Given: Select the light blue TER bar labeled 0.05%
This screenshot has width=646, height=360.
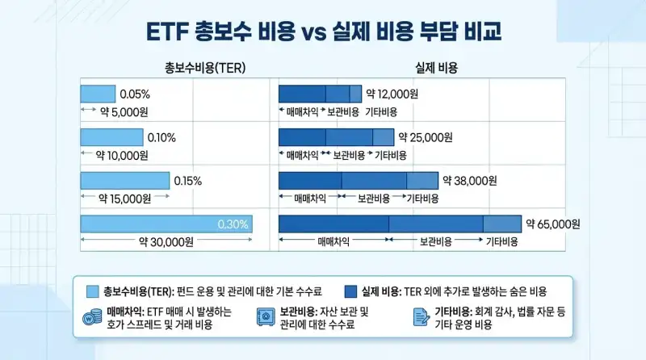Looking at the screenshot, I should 98,94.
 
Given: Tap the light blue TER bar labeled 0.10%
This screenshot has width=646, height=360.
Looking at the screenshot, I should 111,137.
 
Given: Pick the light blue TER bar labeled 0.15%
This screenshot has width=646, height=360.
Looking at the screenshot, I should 124,181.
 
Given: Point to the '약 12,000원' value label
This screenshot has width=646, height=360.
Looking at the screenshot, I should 392,94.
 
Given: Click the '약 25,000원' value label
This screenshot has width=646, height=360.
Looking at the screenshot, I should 425,137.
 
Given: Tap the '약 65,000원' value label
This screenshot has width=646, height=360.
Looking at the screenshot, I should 553,224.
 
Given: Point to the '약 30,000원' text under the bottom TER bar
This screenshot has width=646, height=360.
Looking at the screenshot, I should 166,241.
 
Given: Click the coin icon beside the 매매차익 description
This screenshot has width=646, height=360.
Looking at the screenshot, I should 89,316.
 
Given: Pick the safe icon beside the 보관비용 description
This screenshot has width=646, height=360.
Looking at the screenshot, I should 264,316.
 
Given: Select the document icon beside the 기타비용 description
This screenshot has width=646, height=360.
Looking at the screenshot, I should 421,316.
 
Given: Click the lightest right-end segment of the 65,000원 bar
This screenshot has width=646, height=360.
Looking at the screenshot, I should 502,224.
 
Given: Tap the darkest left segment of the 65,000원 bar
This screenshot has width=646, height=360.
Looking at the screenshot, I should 333,224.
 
